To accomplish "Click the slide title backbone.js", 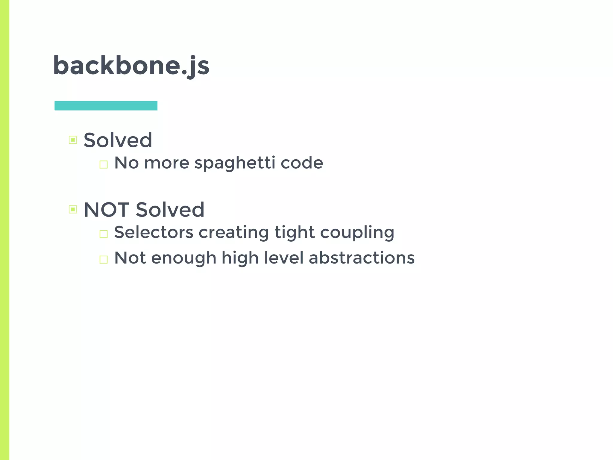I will pyautogui.click(x=131, y=66).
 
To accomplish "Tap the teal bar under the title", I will pyautogui.click(x=106, y=106).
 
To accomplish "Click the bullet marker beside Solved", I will pyautogui.click(x=73, y=140).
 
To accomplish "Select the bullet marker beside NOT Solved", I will pyautogui.click(x=73, y=209).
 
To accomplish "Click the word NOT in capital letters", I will pyautogui.click(x=107, y=209).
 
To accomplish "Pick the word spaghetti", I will pyautogui.click(x=235, y=164).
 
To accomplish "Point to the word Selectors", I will pyautogui.click(x=154, y=232).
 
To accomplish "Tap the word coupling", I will pyautogui.click(x=357, y=233).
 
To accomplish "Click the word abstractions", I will pyautogui.click(x=362, y=258).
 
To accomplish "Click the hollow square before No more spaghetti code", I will pyautogui.click(x=104, y=164).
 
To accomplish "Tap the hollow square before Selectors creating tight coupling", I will pyautogui.click(x=104, y=234).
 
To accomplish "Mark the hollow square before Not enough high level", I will pyautogui.click(x=104, y=259).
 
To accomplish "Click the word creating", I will pyautogui.click(x=234, y=233).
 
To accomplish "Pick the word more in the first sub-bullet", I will pyautogui.click(x=167, y=163).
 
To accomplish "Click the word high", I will pyautogui.click(x=240, y=258).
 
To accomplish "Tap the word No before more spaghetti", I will pyautogui.click(x=127, y=163).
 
